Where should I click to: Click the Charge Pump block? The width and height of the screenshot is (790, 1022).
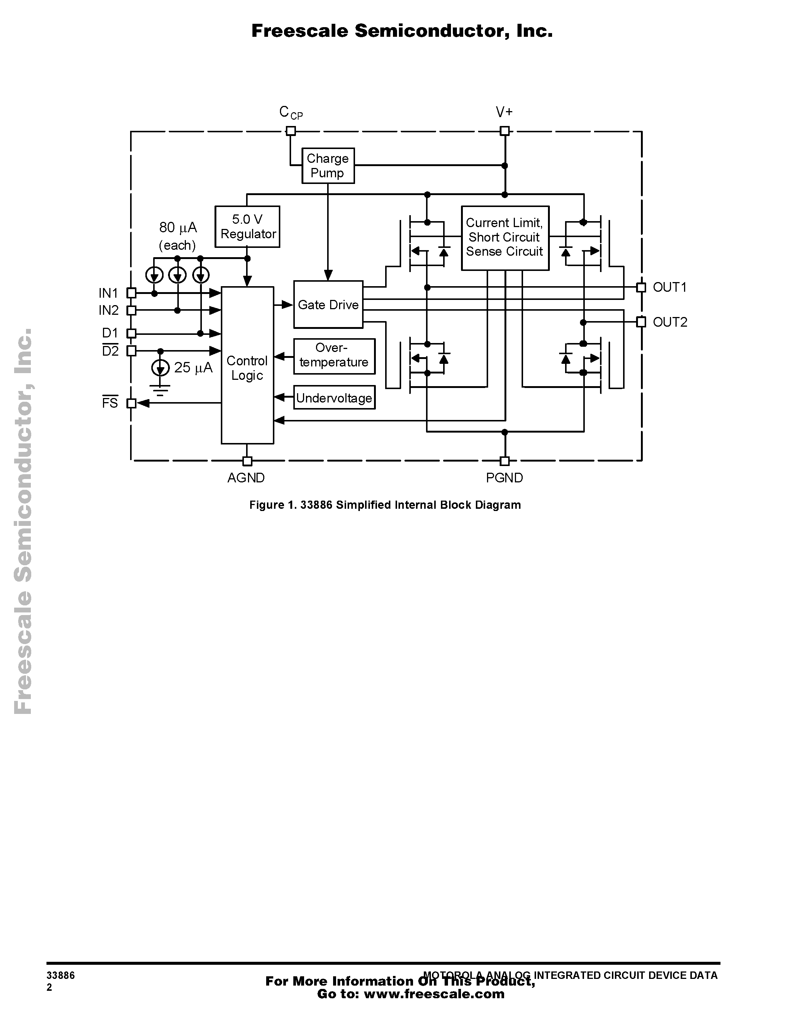(x=328, y=166)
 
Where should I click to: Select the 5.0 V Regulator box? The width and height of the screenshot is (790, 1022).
(x=247, y=226)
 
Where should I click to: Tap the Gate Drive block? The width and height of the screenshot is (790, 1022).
(x=328, y=305)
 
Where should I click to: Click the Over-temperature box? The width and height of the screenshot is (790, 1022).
(x=334, y=356)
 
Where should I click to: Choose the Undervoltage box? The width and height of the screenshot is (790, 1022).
(x=334, y=398)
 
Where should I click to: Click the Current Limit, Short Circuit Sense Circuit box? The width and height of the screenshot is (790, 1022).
(x=505, y=238)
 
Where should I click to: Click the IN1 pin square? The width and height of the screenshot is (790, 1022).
(x=132, y=293)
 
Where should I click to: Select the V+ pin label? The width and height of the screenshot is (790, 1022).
(x=504, y=112)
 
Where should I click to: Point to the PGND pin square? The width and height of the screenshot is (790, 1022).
(x=504, y=461)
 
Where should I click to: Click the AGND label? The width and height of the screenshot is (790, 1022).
(x=246, y=478)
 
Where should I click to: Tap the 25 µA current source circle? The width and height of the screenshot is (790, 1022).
(x=161, y=368)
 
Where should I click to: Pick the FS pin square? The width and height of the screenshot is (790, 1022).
(x=132, y=403)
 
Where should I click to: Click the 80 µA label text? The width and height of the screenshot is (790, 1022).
(x=178, y=227)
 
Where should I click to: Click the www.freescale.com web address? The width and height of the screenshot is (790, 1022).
(x=434, y=993)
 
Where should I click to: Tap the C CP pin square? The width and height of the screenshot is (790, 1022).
(x=291, y=130)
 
